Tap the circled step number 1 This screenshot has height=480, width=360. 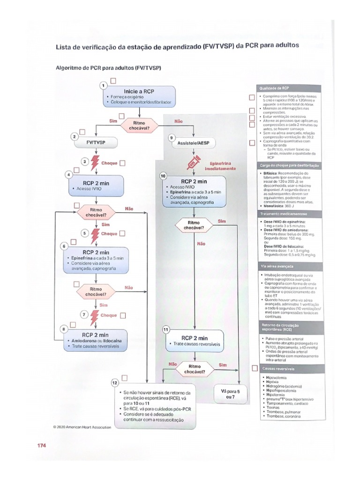coord(104,85)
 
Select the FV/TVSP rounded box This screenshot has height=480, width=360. coord(96,141)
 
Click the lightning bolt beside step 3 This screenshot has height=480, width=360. coord(95,163)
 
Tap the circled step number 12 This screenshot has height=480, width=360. coord(115,382)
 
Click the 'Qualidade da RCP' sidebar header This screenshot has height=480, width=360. coord(287,88)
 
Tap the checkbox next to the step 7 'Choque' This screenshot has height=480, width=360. coord(123,315)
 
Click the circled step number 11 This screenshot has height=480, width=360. coord(165,330)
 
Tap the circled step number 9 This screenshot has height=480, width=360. coord(172,138)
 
